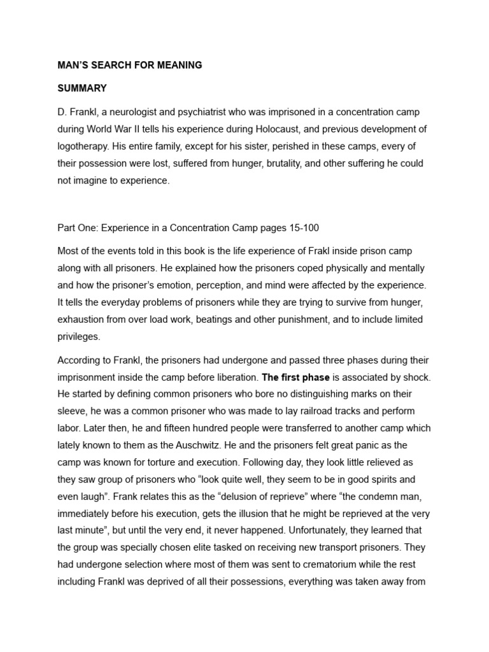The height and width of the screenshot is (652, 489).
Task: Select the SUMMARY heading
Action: click(x=82, y=88)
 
